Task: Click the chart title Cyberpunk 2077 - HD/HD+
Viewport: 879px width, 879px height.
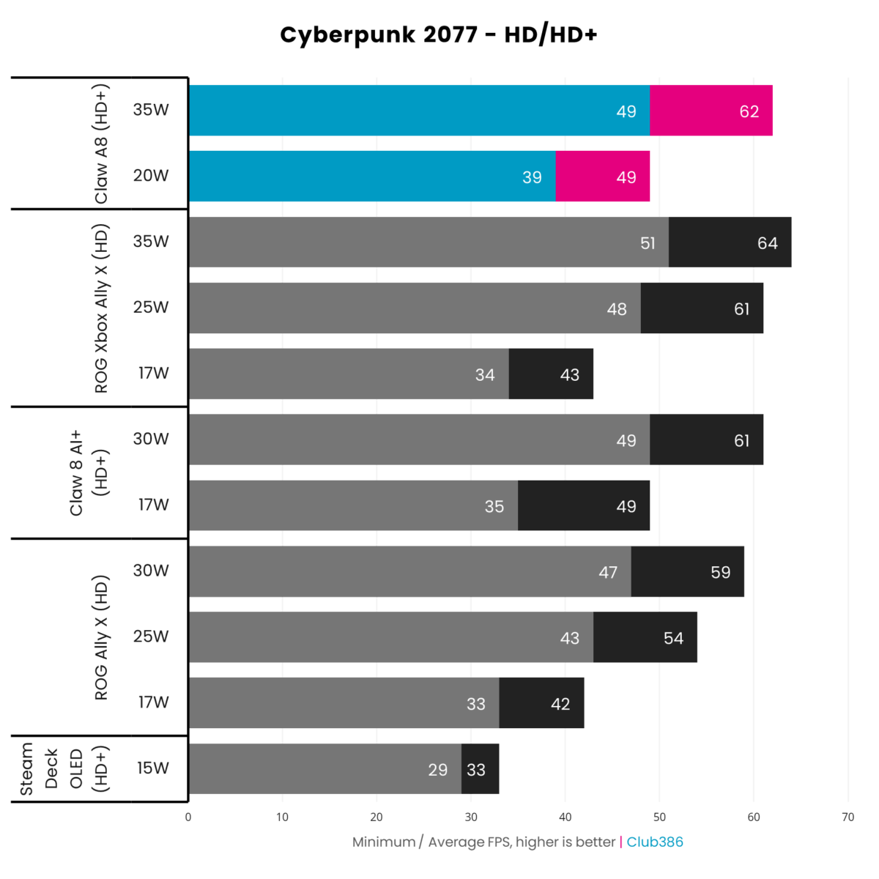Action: pos(439,34)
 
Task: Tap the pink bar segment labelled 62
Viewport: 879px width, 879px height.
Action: pos(711,111)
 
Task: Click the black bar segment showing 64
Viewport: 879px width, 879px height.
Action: pos(730,242)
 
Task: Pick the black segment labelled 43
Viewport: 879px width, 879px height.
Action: pos(551,374)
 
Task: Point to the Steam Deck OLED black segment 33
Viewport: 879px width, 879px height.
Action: pos(480,769)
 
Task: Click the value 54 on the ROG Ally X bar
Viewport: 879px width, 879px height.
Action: pos(673,638)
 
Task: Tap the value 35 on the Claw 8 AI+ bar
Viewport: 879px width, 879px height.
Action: pos(494,506)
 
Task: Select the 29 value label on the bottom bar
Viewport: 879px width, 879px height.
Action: pos(437,770)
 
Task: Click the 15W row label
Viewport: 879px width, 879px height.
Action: pos(152,768)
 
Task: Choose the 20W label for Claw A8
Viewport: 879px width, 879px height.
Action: pos(151,175)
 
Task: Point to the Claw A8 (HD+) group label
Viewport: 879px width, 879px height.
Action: pos(101,144)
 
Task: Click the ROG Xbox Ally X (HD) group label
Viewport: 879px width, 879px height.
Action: pos(101,308)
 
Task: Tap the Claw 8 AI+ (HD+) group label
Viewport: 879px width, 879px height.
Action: pos(88,472)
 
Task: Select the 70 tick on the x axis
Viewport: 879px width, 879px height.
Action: pos(848,817)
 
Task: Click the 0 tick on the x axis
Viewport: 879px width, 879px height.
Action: pos(188,817)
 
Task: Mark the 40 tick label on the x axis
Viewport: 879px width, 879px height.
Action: pos(565,817)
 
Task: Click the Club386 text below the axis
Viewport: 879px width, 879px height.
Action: pos(655,842)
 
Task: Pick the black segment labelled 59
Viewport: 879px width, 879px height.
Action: pos(687,572)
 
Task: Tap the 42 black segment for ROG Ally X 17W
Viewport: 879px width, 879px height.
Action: pos(541,704)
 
